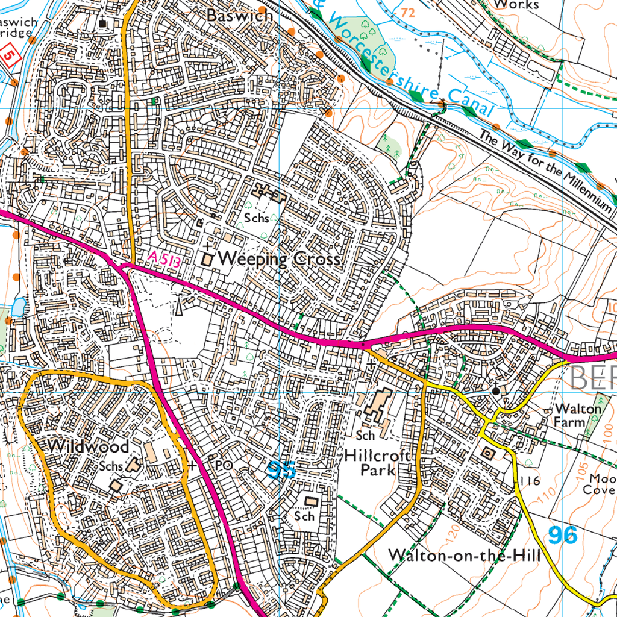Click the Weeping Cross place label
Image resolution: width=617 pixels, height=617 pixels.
pos(280,259)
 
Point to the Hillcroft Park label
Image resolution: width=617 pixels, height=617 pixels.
pos(378,463)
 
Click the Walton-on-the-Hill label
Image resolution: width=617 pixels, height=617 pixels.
pos(464,554)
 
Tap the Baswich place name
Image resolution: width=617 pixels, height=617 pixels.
pos(239,16)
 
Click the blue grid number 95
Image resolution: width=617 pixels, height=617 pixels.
pos(282,470)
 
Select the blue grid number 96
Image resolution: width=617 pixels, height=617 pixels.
pos(563,534)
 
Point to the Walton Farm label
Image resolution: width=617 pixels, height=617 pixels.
pos(577,415)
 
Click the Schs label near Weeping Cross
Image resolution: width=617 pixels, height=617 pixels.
pos(256,218)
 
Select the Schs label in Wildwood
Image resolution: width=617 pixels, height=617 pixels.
pos(111,466)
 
